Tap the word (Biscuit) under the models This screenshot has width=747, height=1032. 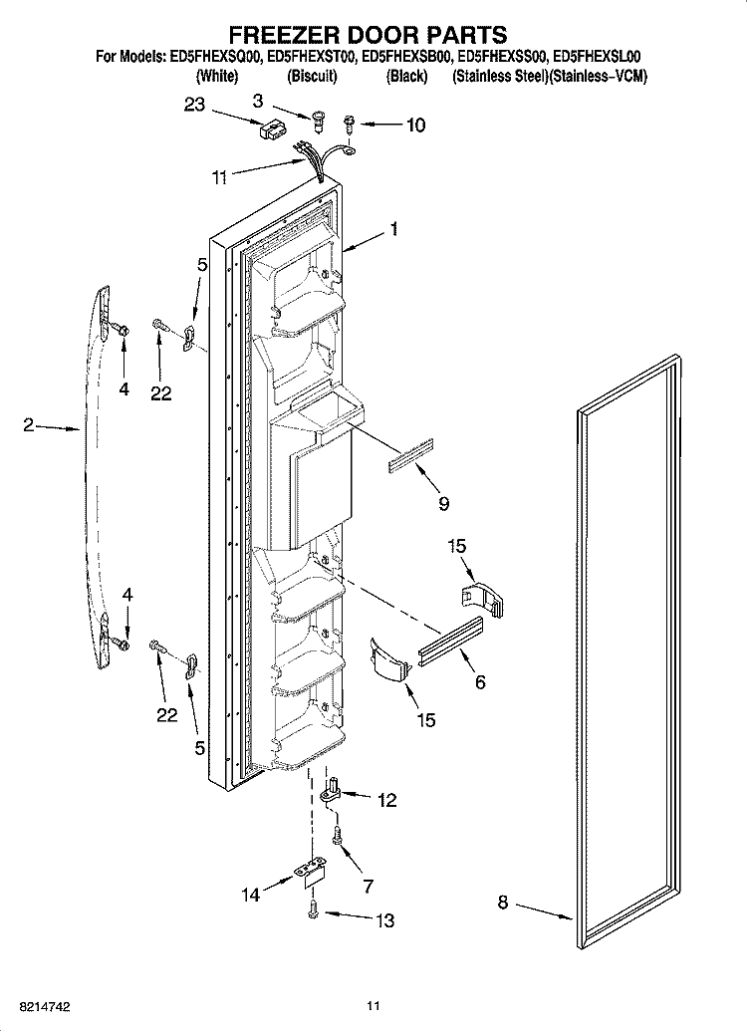(312, 77)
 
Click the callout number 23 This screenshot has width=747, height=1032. (194, 105)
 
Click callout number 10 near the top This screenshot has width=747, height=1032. (415, 125)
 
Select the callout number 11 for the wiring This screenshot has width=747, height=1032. (219, 177)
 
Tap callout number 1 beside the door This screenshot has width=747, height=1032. (393, 229)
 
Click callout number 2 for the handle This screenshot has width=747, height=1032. (28, 425)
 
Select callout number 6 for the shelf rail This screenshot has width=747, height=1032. (480, 682)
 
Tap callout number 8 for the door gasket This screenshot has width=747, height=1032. (503, 903)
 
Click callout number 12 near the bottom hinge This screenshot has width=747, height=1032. (387, 800)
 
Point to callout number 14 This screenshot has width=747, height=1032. (251, 895)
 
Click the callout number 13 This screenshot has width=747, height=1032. (384, 919)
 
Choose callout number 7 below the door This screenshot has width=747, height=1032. (368, 886)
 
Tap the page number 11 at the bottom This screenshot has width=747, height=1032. (373, 1006)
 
